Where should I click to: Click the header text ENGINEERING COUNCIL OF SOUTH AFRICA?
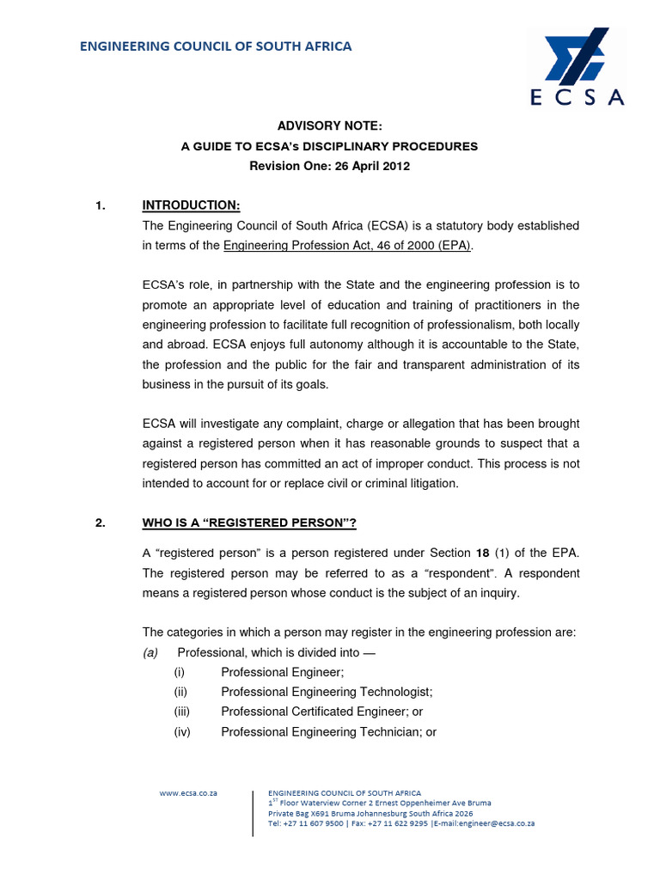[x=216, y=46]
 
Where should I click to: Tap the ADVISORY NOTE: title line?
[x=329, y=126]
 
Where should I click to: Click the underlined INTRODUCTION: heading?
[x=191, y=205]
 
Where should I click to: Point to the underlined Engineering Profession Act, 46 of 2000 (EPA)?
[x=348, y=245]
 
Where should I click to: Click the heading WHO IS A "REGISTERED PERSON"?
[x=248, y=524]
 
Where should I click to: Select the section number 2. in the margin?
[x=100, y=524]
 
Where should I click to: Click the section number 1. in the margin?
[x=100, y=205]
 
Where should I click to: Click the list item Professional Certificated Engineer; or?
[x=321, y=712]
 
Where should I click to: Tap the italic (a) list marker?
[x=152, y=652]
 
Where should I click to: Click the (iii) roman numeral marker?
[x=181, y=712]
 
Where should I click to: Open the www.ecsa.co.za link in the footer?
[x=188, y=793]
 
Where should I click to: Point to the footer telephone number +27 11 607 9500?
[x=315, y=822]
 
